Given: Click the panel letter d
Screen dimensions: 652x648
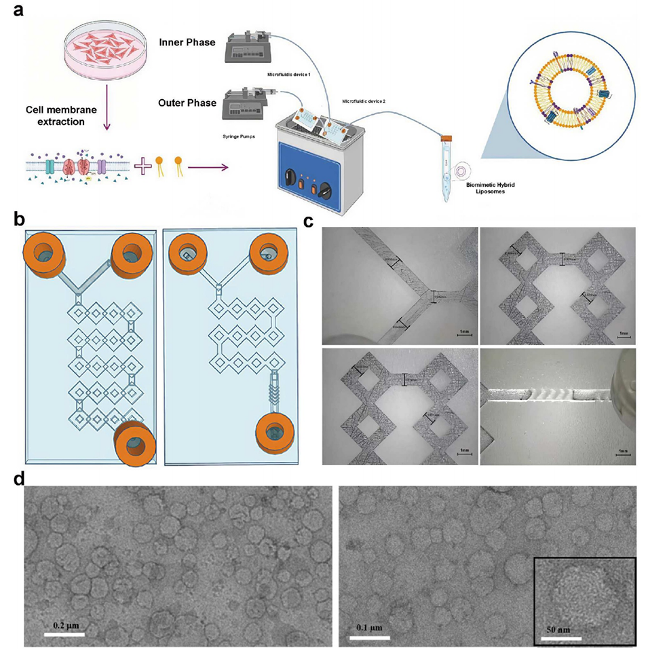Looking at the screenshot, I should coord(20,477).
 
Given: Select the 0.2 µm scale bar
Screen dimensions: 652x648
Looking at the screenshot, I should coord(64,634).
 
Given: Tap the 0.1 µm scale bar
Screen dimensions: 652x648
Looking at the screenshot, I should coord(369,638).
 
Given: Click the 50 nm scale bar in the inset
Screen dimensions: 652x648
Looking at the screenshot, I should coord(561,638).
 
